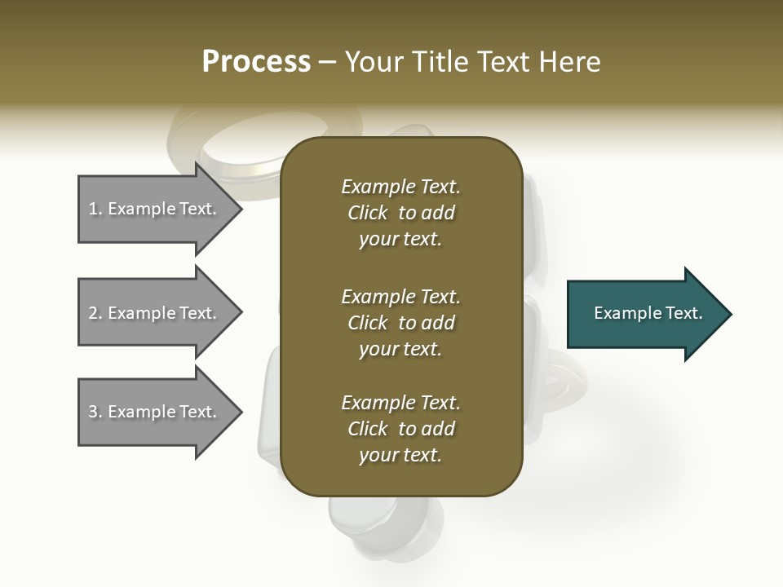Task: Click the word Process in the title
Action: pyautogui.click(x=256, y=62)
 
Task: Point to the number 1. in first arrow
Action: pyautogui.click(x=95, y=209)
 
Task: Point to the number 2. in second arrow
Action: pyautogui.click(x=95, y=313)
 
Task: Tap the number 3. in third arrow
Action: pyautogui.click(x=95, y=412)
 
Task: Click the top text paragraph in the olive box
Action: pyautogui.click(x=400, y=213)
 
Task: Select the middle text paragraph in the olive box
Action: pyautogui.click(x=400, y=323)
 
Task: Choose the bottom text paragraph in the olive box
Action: pyautogui.click(x=400, y=429)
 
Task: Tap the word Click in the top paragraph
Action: pyautogui.click(x=368, y=213)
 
